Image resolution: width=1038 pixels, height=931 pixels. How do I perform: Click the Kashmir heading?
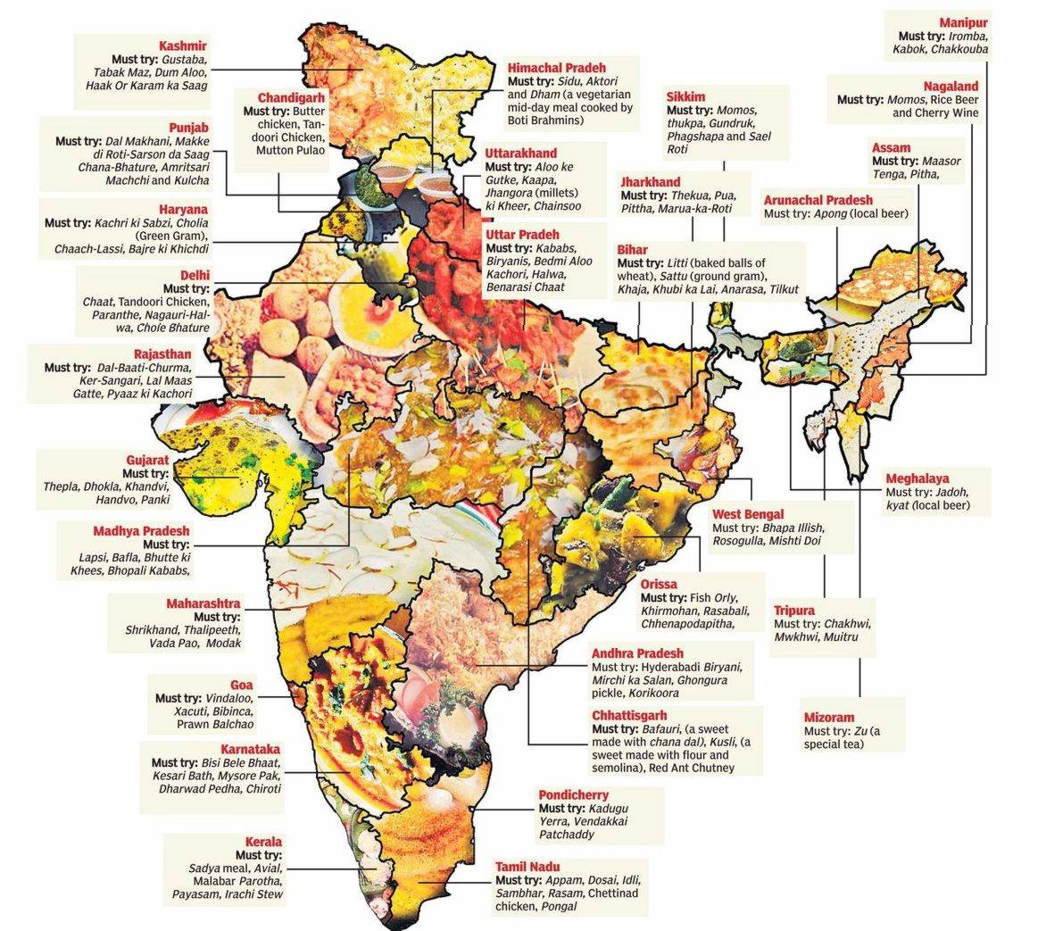pyautogui.click(x=183, y=46)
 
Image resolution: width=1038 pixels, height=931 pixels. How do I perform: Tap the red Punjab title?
pyautogui.click(x=189, y=128)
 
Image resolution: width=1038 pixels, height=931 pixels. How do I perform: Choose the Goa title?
pyautogui.click(x=241, y=685)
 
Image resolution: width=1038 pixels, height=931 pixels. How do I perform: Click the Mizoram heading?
pyautogui.click(x=829, y=717)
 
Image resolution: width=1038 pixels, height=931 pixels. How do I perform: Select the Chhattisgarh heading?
pyautogui.click(x=629, y=716)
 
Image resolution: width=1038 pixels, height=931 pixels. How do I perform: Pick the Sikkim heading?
pyautogui.click(x=685, y=96)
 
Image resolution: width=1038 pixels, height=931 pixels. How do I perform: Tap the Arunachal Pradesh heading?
pyautogui.click(x=818, y=201)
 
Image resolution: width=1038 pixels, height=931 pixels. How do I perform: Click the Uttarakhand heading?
pyautogui.click(x=520, y=154)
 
